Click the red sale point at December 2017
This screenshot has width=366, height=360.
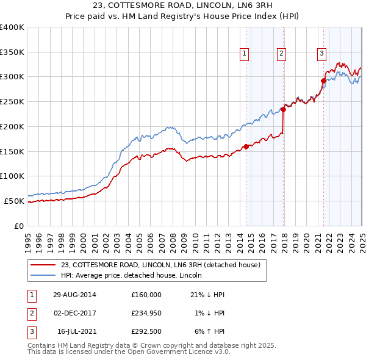283,110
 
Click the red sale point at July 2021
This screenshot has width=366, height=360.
323,81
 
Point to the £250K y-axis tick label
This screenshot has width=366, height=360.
12,102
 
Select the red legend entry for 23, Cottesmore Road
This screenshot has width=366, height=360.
160,265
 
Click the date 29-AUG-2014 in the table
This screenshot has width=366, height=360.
74,295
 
